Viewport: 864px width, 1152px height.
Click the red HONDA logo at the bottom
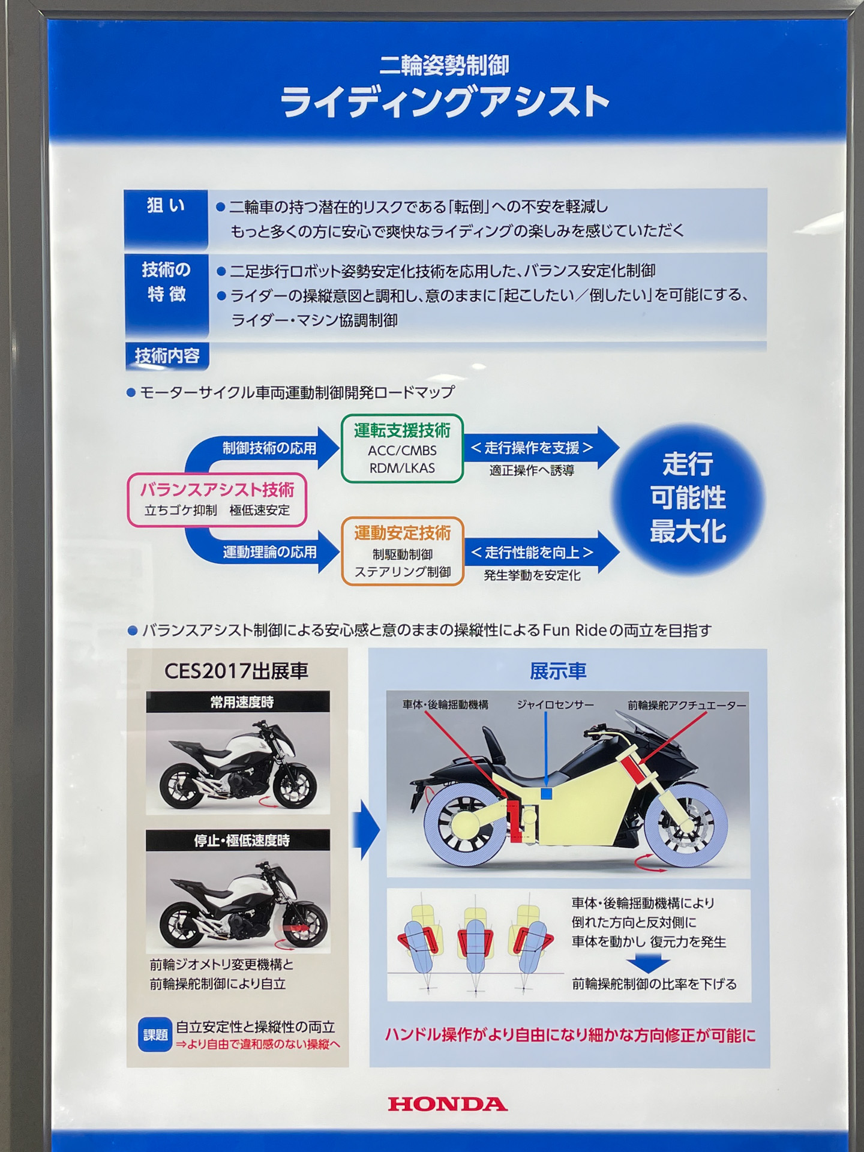coord(448,1104)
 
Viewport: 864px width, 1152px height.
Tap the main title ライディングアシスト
coord(445,102)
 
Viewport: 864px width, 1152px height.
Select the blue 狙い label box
coord(166,219)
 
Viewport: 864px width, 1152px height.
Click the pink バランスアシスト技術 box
coord(217,500)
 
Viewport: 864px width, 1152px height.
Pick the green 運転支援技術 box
coord(402,448)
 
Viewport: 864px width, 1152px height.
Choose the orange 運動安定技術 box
coord(403,551)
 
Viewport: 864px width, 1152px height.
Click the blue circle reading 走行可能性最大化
coord(688,499)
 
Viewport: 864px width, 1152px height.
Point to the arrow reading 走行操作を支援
coord(540,448)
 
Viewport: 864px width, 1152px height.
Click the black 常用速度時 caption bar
coord(238,702)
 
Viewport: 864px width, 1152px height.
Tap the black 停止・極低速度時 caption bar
coord(238,840)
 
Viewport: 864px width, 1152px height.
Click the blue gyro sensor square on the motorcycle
coord(546,794)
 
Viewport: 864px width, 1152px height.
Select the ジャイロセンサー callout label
coord(555,705)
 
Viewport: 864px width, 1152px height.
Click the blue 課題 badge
coord(155,1035)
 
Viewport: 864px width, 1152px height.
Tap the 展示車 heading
coord(558,671)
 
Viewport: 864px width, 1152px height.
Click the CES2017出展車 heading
coord(236,671)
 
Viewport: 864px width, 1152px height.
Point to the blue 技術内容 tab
coord(167,356)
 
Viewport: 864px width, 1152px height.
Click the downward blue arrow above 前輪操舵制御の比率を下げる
coord(652,964)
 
